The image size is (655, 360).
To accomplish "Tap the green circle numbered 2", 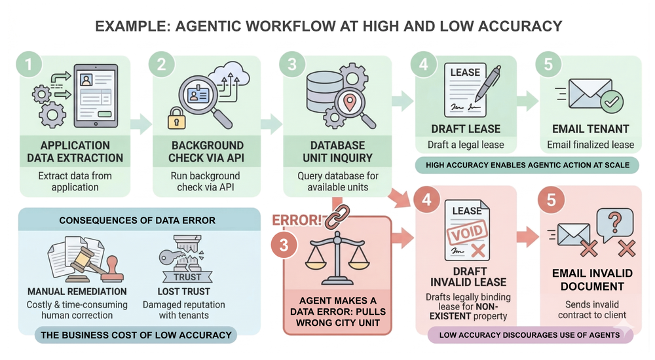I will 160,65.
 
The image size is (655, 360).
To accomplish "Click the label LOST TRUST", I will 183,291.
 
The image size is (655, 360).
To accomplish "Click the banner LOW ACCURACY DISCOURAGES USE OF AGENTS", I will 530,335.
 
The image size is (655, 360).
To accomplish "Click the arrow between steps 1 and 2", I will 140,124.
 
